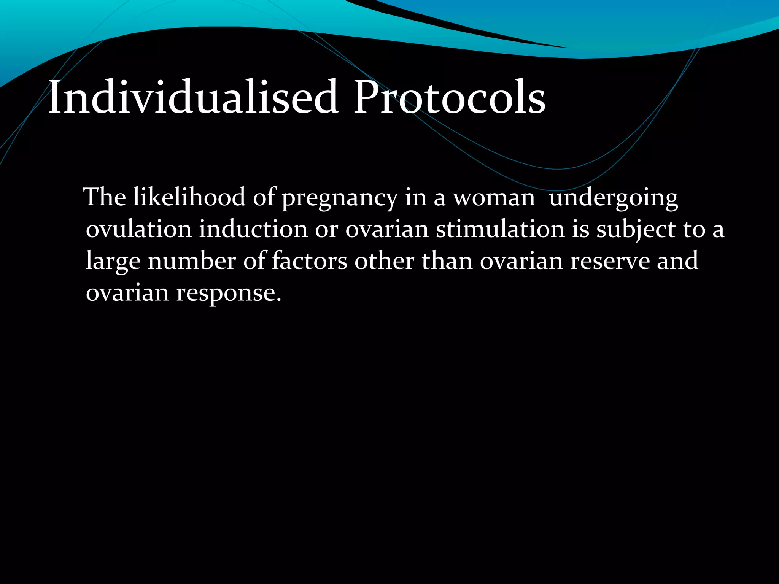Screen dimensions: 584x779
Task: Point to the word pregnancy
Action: click(339, 198)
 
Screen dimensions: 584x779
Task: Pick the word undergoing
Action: click(614, 198)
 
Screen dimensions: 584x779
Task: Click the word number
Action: click(192, 261)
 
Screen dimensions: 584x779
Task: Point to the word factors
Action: click(309, 261)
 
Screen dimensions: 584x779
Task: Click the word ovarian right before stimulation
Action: click(387, 230)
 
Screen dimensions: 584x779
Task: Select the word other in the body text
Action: click(384, 261)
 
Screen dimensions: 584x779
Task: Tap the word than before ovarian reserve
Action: click(447, 261)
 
